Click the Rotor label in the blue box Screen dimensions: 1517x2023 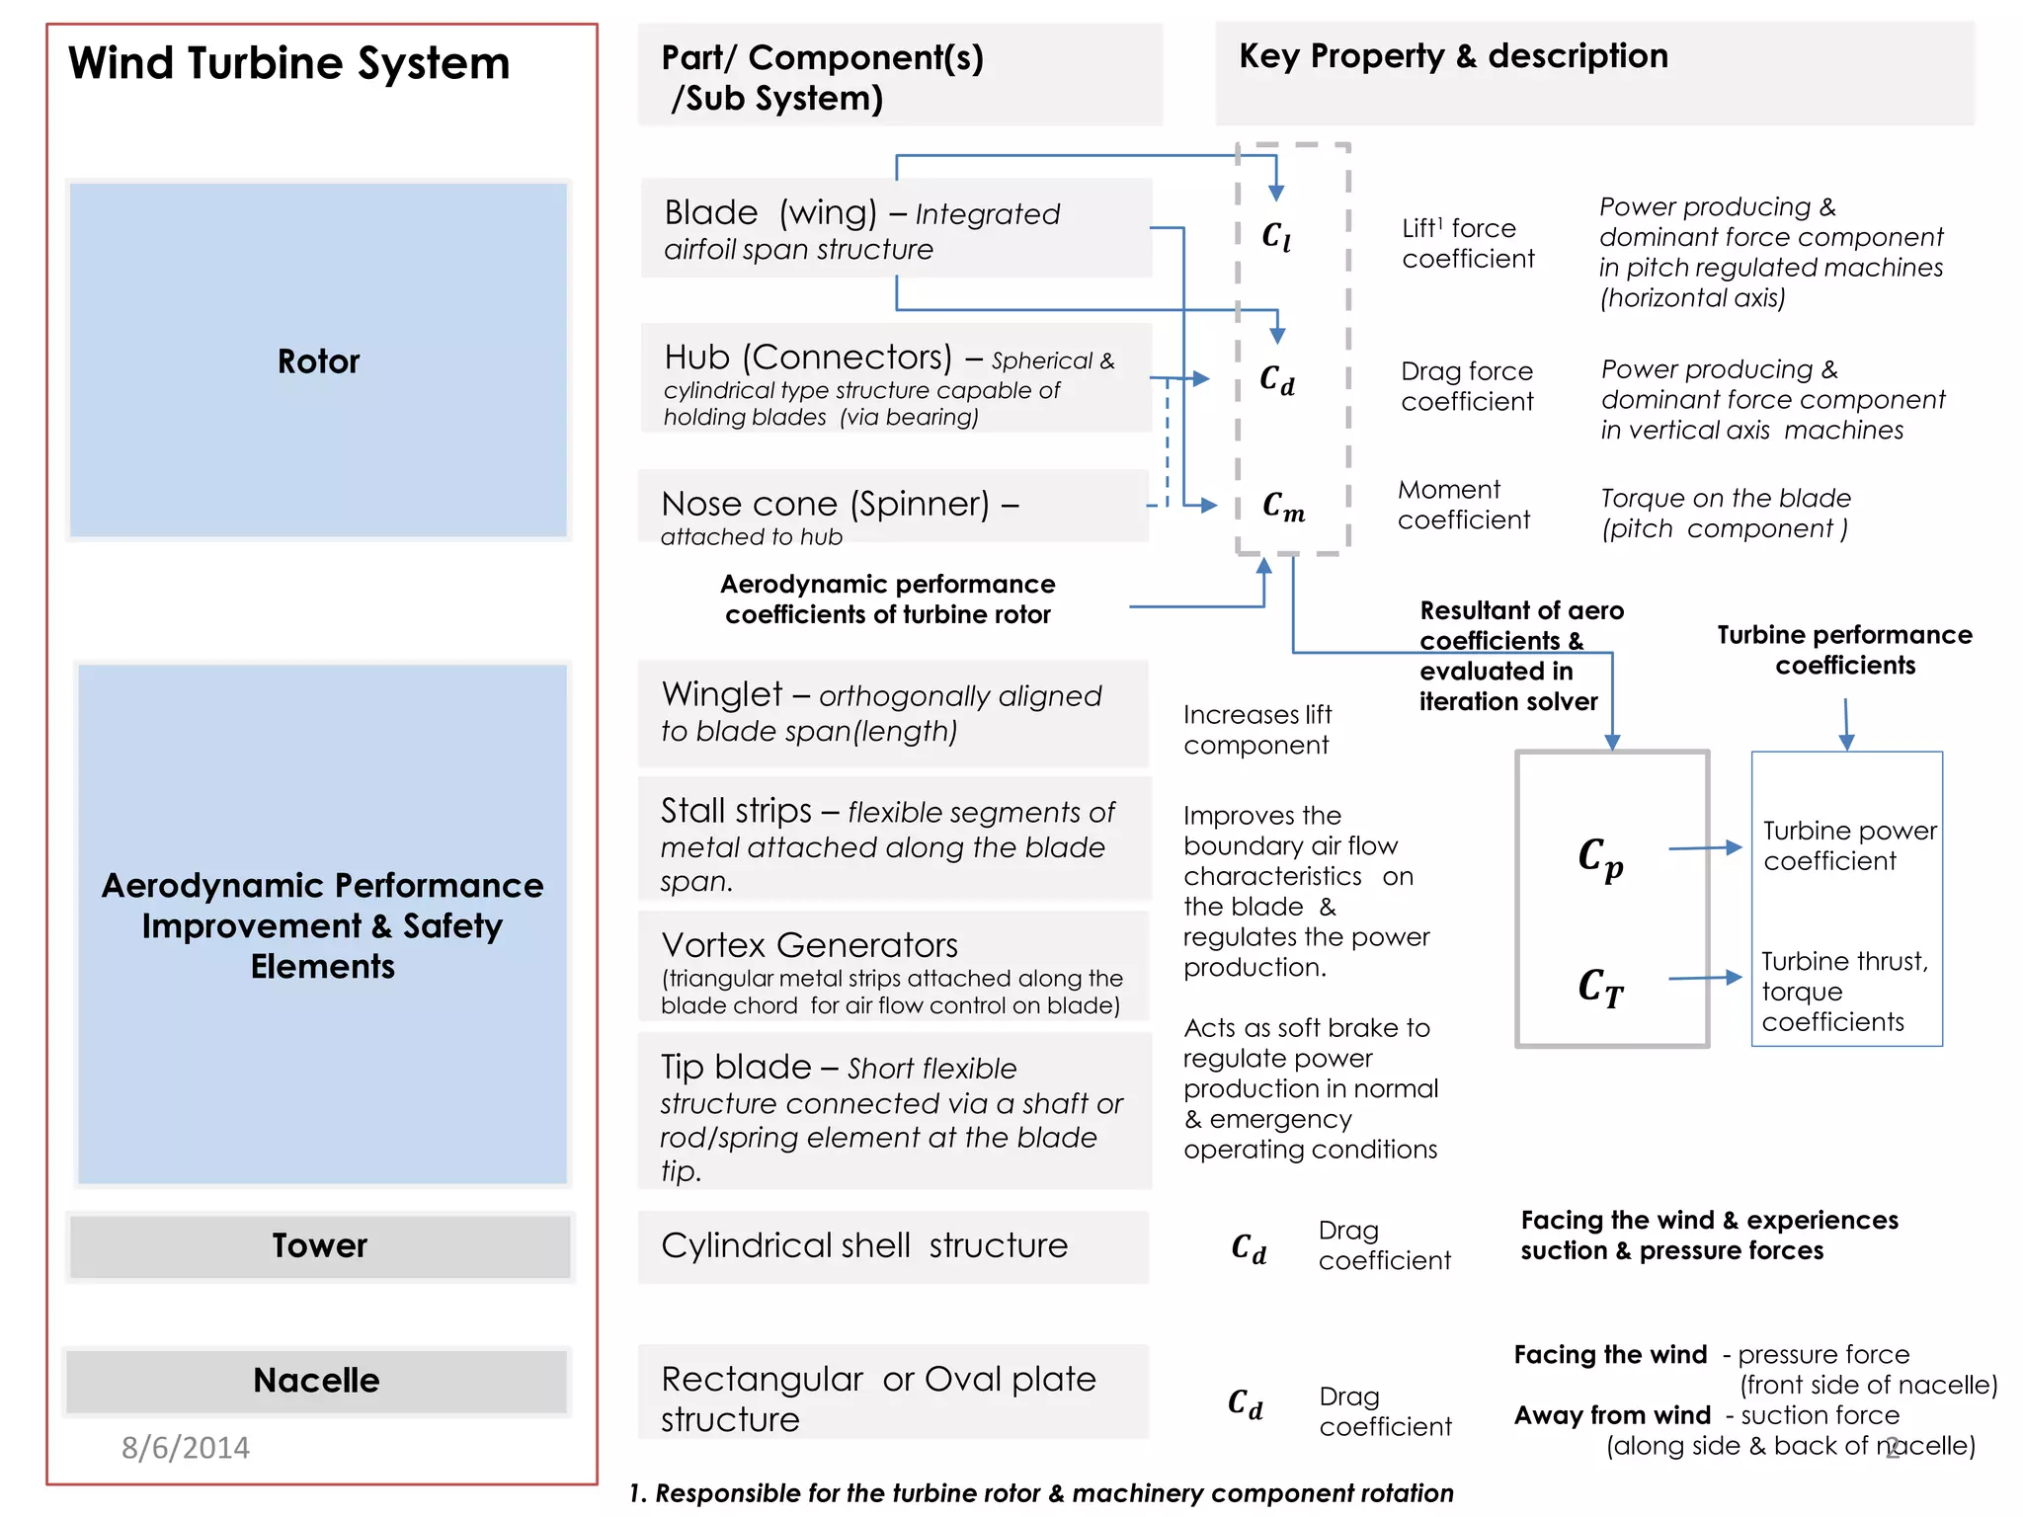pos(318,361)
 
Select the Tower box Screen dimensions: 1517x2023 pos(319,1245)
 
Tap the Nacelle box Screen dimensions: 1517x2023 pos(316,1380)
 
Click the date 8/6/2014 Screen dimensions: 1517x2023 pos(186,1447)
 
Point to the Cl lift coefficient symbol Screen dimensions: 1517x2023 pos(1276,236)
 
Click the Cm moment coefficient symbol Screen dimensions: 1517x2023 pos(1283,507)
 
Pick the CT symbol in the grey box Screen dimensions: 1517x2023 pos(1600,987)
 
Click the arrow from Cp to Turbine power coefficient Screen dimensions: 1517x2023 pos(1705,847)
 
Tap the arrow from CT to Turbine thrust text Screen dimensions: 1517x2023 pos(1705,978)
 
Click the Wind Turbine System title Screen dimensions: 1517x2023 pos(288,63)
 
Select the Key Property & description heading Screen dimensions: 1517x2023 pos(1453,56)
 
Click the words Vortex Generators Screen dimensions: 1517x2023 pos(809,945)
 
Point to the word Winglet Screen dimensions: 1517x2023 pos(722,694)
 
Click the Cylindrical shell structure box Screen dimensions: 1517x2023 pos(893,1245)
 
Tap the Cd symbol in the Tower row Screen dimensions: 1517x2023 pos(1249,1248)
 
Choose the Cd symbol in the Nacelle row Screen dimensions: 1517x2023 pos(1246,1403)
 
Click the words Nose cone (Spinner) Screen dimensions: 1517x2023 pos(826,504)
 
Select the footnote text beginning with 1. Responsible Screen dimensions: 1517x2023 pos(1041,1492)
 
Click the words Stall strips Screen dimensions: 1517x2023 pos(736,811)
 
